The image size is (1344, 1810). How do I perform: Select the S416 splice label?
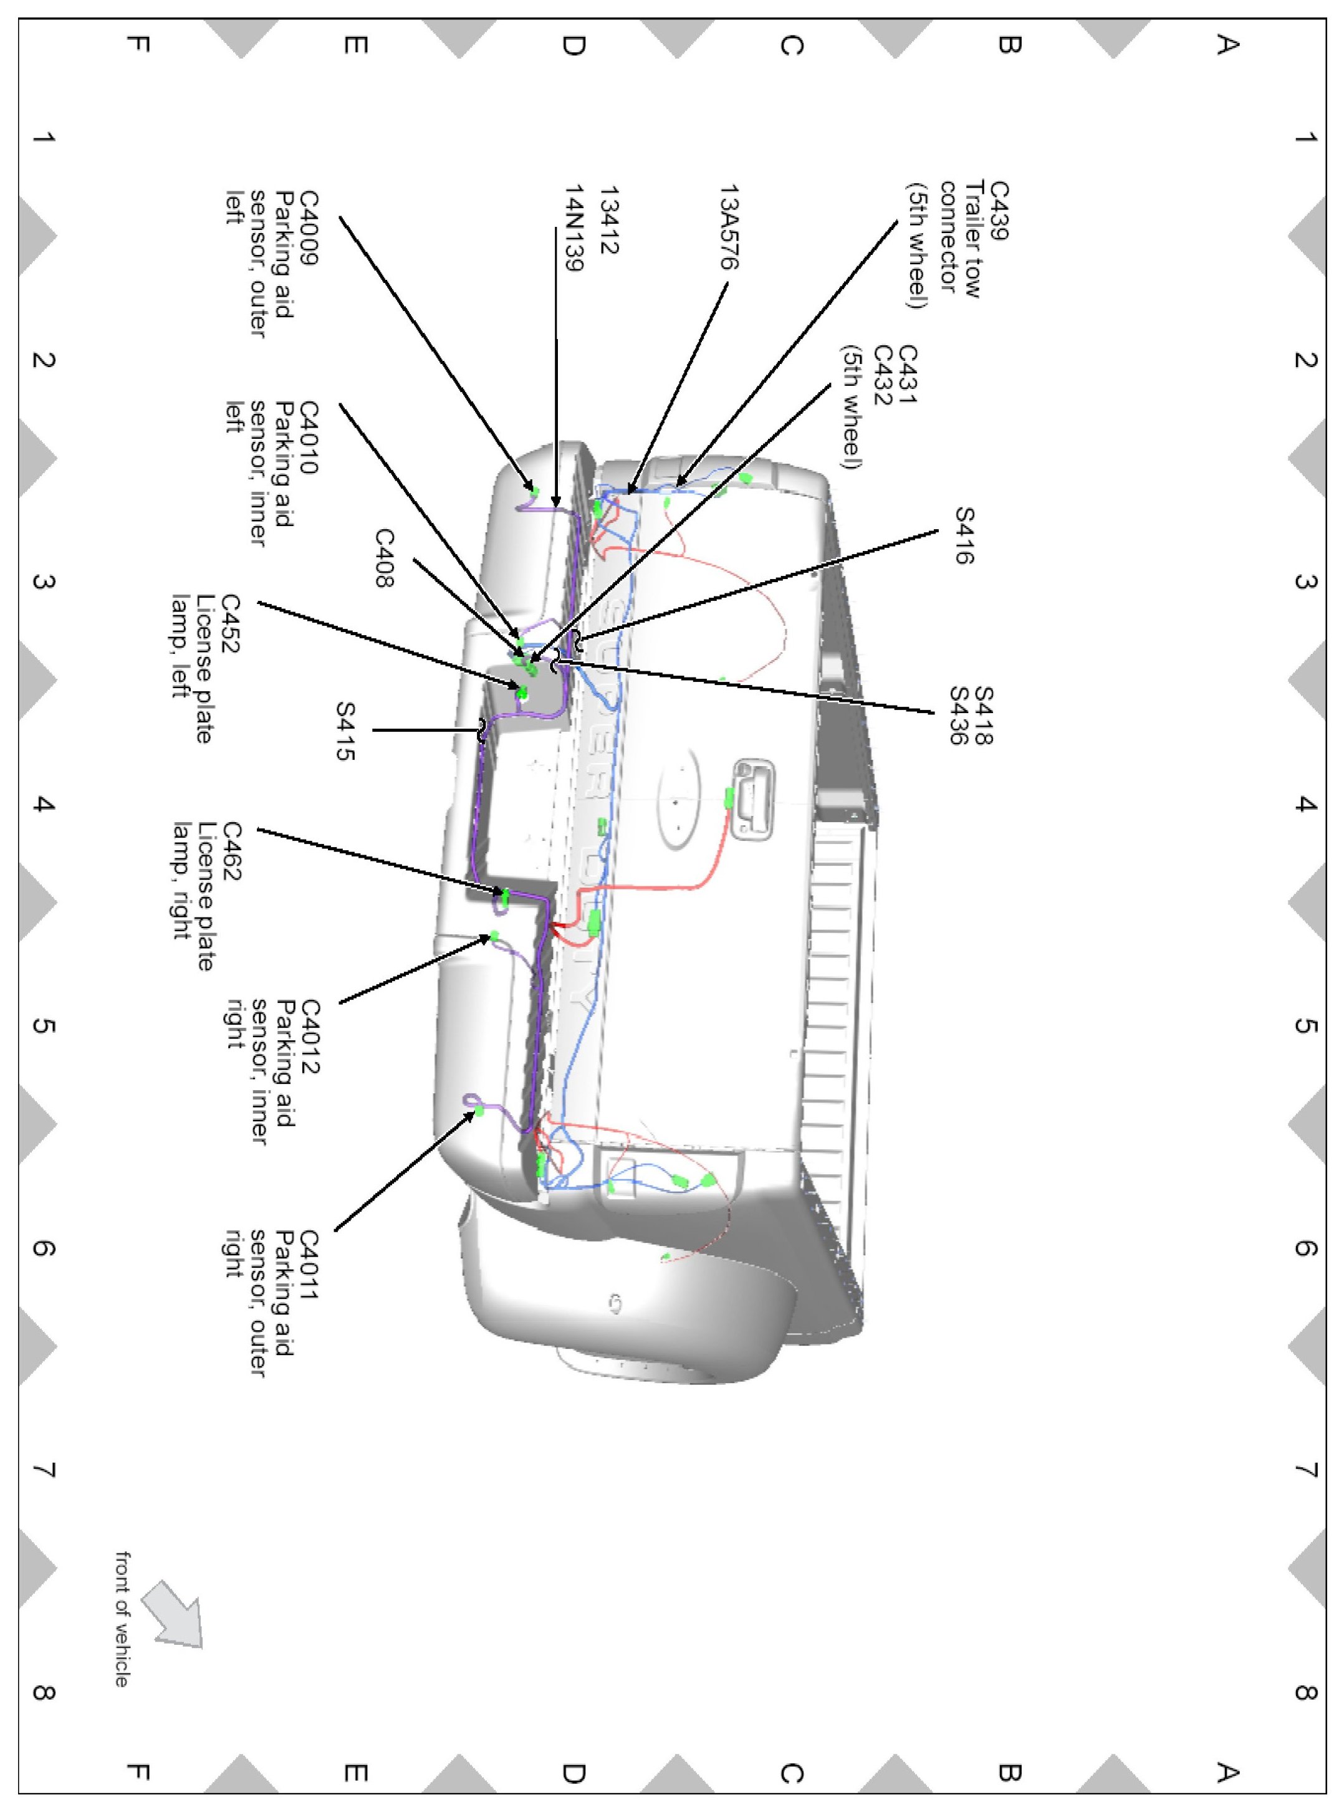[965, 535]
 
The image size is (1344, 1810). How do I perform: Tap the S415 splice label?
[346, 731]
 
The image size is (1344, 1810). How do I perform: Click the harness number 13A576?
[730, 227]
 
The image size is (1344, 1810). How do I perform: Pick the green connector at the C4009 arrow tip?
[534, 491]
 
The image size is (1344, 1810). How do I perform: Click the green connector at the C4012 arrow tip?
[494, 936]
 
